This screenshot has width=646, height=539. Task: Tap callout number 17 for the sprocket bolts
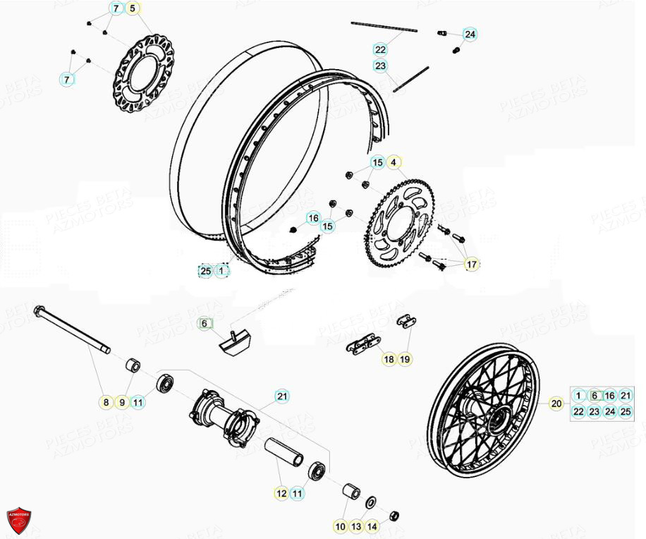[472, 265]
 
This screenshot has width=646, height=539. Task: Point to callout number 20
[556, 404]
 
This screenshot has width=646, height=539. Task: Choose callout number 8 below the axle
[105, 403]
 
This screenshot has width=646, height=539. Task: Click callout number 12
[281, 494]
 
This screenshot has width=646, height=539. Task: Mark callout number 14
[372, 526]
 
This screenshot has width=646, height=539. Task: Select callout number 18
[389, 359]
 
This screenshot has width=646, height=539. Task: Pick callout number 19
[405, 359]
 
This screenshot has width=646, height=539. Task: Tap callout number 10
[340, 526]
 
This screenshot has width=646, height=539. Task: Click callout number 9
[121, 403]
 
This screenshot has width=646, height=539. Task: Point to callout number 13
[356, 526]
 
